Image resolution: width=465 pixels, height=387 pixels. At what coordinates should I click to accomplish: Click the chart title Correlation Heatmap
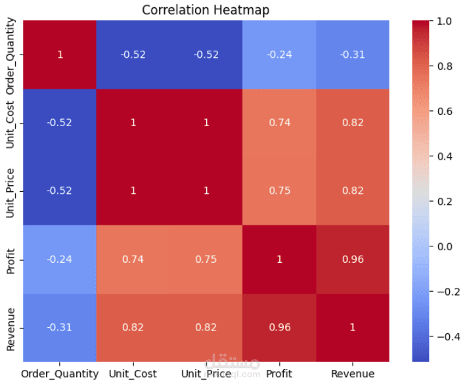[x=206, y=10]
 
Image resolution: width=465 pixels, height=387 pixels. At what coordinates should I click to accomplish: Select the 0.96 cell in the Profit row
[x=353, y=260]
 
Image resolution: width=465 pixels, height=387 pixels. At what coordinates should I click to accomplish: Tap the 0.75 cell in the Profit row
[x=206, y=260]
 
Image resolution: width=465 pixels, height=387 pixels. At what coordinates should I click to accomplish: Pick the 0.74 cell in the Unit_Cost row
[x=279, y=123]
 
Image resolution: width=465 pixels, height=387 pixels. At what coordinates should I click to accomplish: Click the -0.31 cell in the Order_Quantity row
[x=353, y=55]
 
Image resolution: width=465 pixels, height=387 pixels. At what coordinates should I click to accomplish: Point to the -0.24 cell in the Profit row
[x=60, y=260]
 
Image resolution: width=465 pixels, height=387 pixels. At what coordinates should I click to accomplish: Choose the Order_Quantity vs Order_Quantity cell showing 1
[x=60, y=55]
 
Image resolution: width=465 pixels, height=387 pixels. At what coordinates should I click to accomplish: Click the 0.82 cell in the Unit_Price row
[x=353, y=191]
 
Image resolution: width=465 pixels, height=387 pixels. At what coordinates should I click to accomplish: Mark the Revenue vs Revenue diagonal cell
[x=353, y=327]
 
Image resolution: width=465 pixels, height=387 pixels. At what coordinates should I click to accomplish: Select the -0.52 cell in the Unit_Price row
[x=60, y=191]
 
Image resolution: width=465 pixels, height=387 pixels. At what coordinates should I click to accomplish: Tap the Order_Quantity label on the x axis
[x=60, y=374]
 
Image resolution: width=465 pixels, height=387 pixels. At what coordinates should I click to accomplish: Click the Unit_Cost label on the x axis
[x=133, y=374]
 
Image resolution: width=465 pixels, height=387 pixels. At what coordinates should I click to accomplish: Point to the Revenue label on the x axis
[x=353, y=374]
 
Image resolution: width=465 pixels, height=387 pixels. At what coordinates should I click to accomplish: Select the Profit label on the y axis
[x=12, y=260]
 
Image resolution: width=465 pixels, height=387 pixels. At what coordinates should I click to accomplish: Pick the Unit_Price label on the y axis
[x=12, y=191]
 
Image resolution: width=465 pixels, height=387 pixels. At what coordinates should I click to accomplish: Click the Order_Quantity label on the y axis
[x=12, y=55]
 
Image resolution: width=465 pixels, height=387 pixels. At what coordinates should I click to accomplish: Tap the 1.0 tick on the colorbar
[x=444, y=22]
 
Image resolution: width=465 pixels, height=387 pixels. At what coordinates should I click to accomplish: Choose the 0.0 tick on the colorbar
[x=444, y=246]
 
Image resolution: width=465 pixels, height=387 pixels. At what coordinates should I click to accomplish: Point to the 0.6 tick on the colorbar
[x=444, y=112]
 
